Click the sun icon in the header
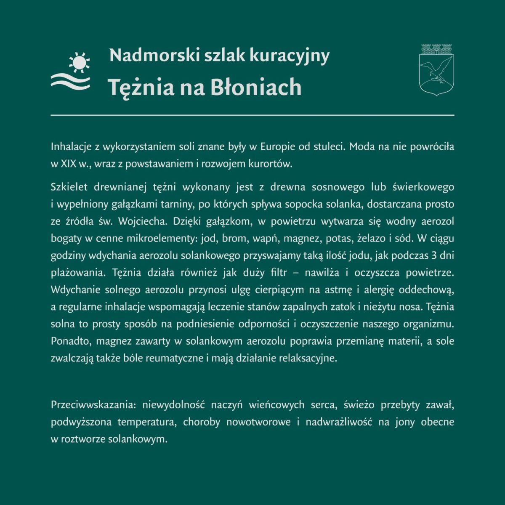pyautogui.click(x=79, y=62)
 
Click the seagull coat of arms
pyautogui.click(x=436, y=69)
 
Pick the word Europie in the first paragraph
pyautogui.click(x=278, y=147)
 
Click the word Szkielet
pyautogui.click(x=69, y=187)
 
